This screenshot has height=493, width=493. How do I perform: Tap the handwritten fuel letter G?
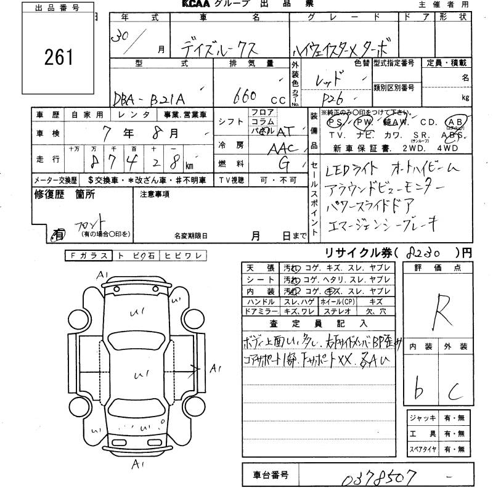[285, 165]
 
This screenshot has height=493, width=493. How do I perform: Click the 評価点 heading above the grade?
[447, 268]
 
